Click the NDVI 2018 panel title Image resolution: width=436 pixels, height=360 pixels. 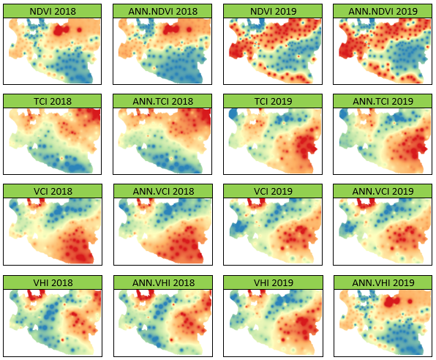[x=53, y=12]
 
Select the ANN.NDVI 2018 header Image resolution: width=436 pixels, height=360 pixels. [x=162, y=12]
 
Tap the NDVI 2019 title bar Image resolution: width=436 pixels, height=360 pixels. [x=273, y=12]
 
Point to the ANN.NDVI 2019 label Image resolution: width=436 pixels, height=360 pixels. [x=383, y=12]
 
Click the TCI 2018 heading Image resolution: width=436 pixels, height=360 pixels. [x=53, y=101]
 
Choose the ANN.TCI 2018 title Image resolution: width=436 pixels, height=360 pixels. [x=162, y=101]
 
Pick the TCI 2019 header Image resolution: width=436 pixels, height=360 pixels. [x=273, y=101]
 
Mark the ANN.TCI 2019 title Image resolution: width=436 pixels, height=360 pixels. [x=383, y=101]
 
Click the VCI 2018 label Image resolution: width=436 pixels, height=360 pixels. [x=53, y=192]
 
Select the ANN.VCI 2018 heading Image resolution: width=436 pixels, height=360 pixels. [x=163, y=192]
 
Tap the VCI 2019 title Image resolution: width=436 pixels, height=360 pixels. [x=273, y=192]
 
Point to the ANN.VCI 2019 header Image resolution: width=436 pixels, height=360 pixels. [x=383, y=192]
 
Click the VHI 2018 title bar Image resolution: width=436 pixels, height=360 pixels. [x=53, y=283]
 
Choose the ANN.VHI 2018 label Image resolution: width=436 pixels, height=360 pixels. [x=163, y=283]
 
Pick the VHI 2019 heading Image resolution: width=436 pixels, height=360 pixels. [x=274, y=283]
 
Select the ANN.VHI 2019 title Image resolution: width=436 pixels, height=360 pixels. [x=383, y=283]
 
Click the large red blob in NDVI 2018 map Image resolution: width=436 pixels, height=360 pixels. [x=61, y=30]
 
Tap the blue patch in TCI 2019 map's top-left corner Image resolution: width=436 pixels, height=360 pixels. [x=233, y=114]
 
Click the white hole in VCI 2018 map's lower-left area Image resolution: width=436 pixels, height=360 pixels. [x=35, y=236]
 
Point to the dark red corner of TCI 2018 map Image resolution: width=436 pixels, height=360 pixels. [x=97, y=114]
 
